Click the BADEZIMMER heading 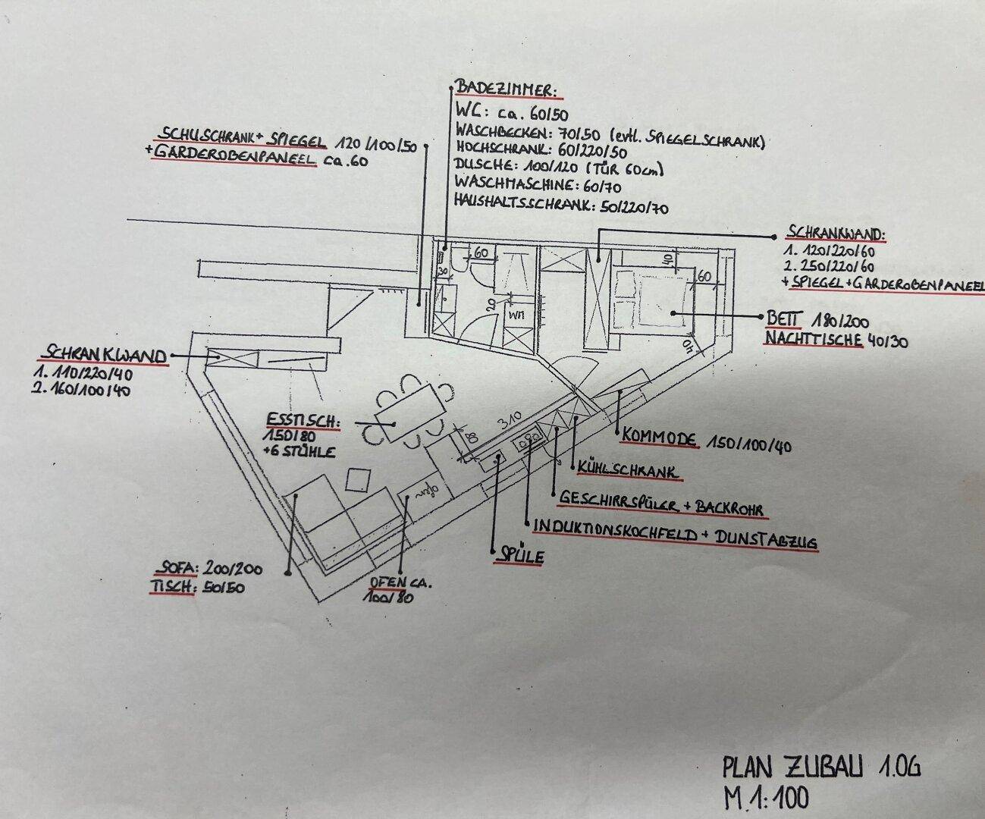click(506, 89)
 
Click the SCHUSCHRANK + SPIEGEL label click(240, 140)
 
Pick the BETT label click(783, 318)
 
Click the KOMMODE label click(660, 438)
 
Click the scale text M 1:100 click(765, 798)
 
